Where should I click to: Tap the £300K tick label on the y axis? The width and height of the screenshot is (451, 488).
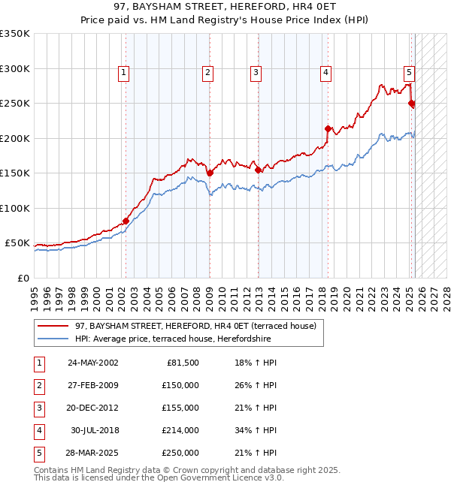(x=15, y=68)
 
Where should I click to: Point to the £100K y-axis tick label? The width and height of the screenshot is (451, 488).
(x=15, y=208)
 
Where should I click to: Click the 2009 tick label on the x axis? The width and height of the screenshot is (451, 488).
(x=209, y=294)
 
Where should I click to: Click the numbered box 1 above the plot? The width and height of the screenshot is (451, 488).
(x=123, y=73)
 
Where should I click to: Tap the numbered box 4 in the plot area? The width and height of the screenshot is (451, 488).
(x=326, y=73)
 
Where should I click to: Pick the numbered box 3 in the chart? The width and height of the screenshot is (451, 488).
(x=256, y=73)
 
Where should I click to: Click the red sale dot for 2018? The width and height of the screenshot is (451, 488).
(x=328, y=128)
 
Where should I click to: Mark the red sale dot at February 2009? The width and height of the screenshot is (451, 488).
(x=210, y=173)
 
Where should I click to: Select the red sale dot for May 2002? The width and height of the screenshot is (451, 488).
(x=126, y=221)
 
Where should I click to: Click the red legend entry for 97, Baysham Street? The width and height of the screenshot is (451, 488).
(x=198, y=326)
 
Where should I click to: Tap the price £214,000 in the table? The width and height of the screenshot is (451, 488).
(x=182, y=430)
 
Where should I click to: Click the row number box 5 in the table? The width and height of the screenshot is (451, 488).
(x=38, y=453)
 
